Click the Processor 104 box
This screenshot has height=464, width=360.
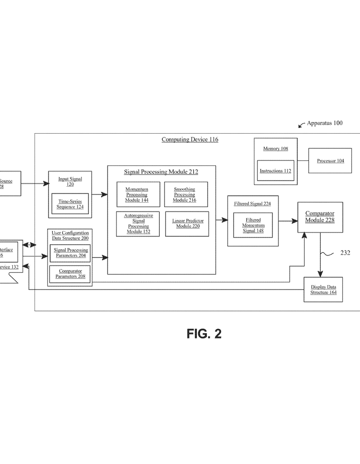(x=330, y=160)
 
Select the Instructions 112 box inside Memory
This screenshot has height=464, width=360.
(x=275, y=171)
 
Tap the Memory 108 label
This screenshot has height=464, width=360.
(x=275, y=149)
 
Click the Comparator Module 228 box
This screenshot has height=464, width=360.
(x=320, y=217)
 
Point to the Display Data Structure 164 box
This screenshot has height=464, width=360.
(x=323, y=290)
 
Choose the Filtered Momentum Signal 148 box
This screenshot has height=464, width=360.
(x=253, y=225)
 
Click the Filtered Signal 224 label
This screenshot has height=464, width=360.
(x=252, y=204)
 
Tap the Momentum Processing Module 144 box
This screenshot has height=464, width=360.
(x=138, y=194)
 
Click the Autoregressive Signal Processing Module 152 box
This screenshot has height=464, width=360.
(x=138, y=223)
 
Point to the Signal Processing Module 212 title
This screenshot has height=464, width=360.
(x=161, y=172)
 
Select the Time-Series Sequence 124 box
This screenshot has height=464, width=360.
(x=70, y=204)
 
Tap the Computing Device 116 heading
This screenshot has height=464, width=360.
(x=190, y=140)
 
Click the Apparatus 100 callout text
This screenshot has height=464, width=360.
(x=325, y=123)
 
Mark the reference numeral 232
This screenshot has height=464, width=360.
(x=345, y=253)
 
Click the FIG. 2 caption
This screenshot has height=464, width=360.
(x=204, y=334)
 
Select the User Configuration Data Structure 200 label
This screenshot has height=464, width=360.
(x=70, y=235)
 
